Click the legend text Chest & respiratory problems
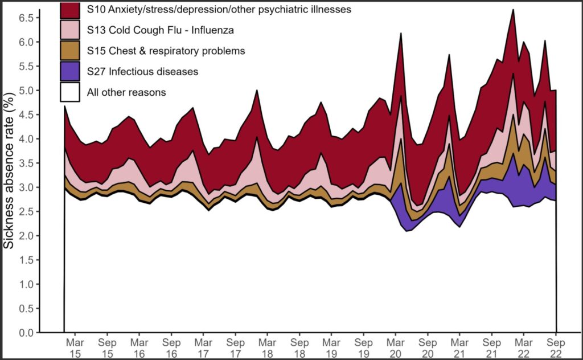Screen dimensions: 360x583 (166, 51)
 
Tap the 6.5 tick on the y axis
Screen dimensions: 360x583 (26, 18)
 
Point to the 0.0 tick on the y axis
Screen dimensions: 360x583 (26, 332)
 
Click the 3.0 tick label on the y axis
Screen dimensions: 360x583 (26, 187)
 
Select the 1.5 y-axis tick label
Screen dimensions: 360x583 (26, 260)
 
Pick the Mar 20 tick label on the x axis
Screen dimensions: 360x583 (395, 348)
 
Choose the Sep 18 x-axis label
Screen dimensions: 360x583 (299, 348)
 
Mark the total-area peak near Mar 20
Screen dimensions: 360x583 (401, 34)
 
